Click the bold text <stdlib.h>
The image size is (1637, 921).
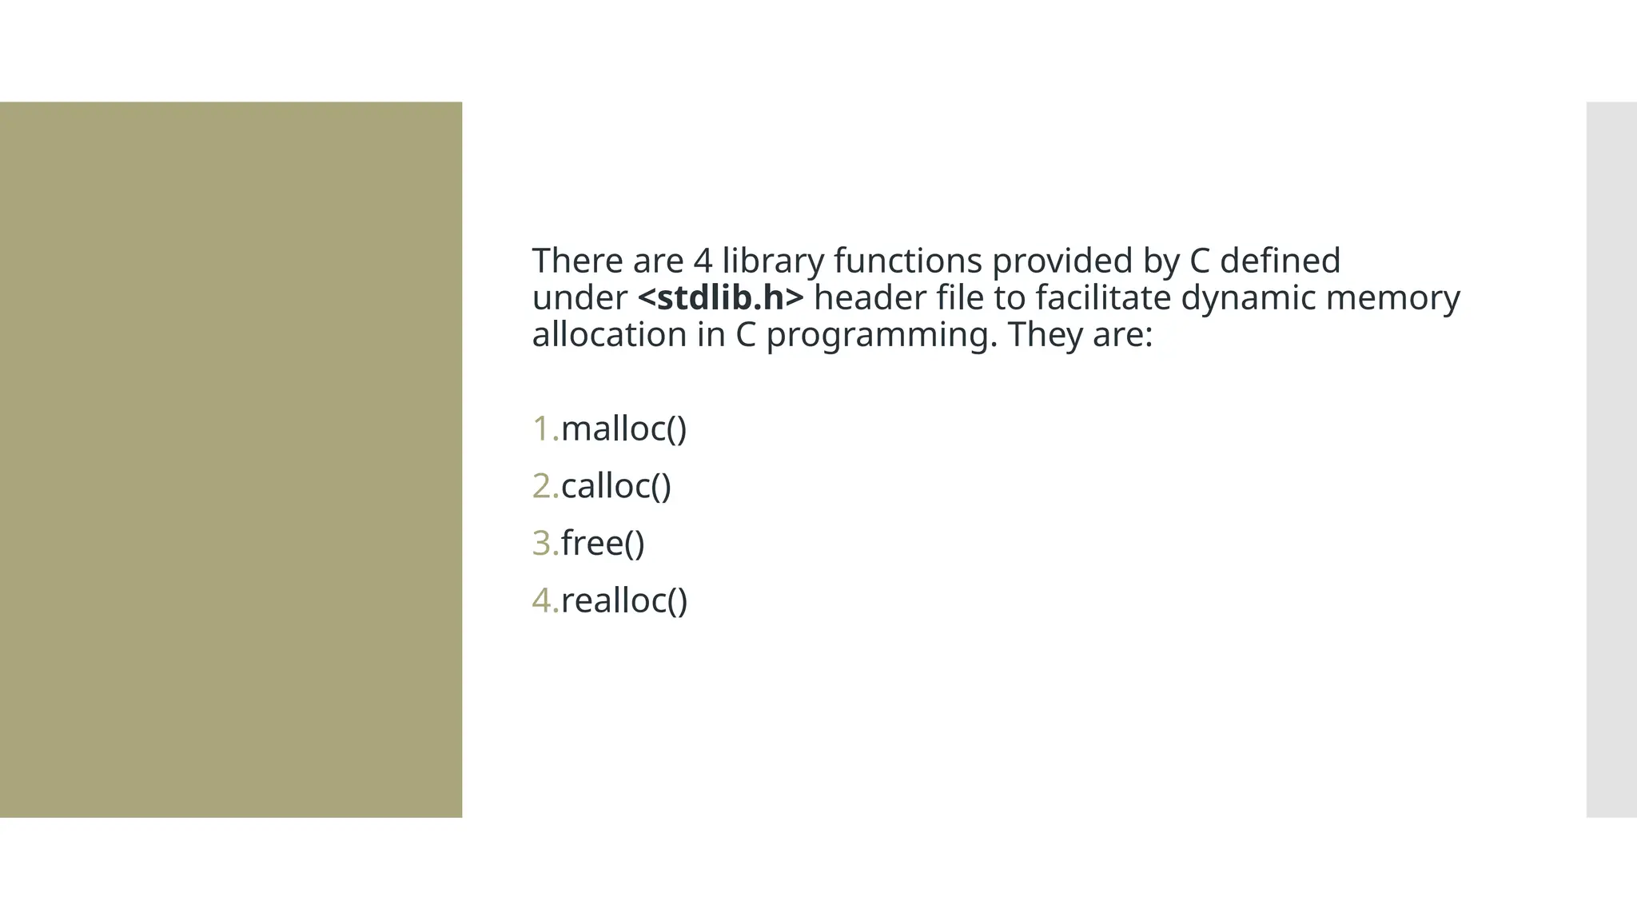720,298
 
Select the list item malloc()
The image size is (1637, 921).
623,429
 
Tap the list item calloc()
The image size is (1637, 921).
615,487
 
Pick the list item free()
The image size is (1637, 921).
602,544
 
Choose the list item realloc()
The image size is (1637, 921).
623,601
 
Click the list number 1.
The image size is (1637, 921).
544,429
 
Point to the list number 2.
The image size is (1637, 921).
544,487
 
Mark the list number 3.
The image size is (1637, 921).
544,544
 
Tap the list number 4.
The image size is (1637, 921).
544,601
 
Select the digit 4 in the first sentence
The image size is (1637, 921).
702,261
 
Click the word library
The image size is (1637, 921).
772,261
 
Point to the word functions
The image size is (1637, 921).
907,261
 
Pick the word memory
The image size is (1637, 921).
1392,298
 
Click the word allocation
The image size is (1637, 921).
609,335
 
